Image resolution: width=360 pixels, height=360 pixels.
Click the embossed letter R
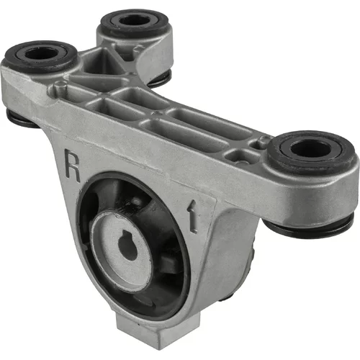tap(73, 166)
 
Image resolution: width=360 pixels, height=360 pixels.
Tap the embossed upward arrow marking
tap(193, 215)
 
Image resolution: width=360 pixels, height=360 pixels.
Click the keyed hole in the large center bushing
tap(127, 246)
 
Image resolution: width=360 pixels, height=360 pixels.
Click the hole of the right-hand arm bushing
tap(310, 148)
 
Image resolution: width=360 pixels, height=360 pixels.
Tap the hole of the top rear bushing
tap(135, 20)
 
